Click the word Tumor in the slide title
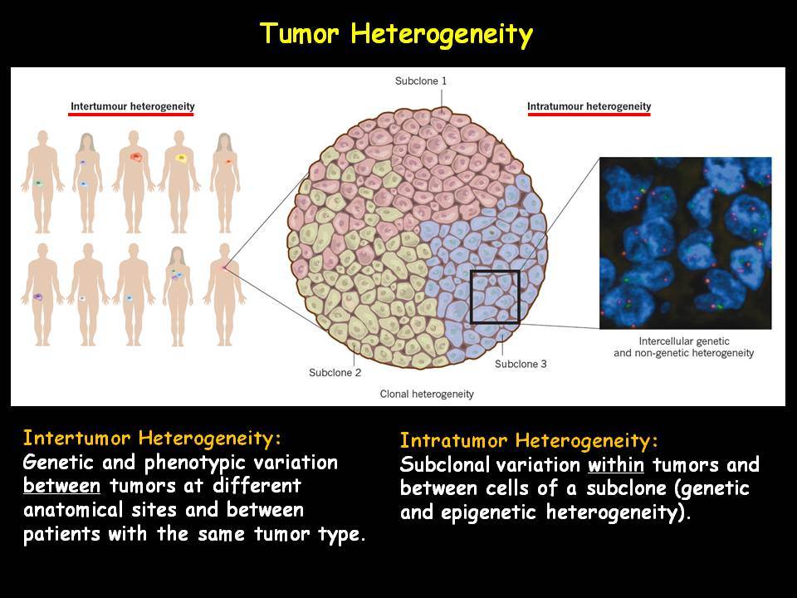pyautogui.click(x=300, y=33)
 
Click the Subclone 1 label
pyautogui.click(x=421, y=81)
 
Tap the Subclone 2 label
pyautogui.click(x=335, y=373)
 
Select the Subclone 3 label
pyautogui.click(x=521, y=364)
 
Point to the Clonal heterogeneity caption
pyautogui.click(x=427, y=394)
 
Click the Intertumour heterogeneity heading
pyautogui.click(x=132, y=106)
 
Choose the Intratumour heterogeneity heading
pyautogui.click(x=589, y=106)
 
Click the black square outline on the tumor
pyautogui.click(x=471, y=297)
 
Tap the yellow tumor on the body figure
pyautogui.click(x=181, y=158)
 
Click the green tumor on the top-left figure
pyautogui.click(x=37, y=183)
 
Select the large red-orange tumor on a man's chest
pyautogui.click(x=135, y=157)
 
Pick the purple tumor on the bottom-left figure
pyautogui.click(x=37, y=297)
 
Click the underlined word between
pyautogui.click(x=61, y=486)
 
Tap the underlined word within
pyautogui.click(x=615, y=464)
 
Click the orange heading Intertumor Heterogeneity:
pyautogui.click(x=151, y=439)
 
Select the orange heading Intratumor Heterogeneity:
pyautogui.click(x=529, y=440)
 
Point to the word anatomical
pyautogui.click(x=73, y=509)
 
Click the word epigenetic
pyautogui.click(x=488, y=512)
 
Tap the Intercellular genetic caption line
pyautogui.click(x=683, y=341)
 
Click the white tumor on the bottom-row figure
pyautogui.click(x=82, y=299)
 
